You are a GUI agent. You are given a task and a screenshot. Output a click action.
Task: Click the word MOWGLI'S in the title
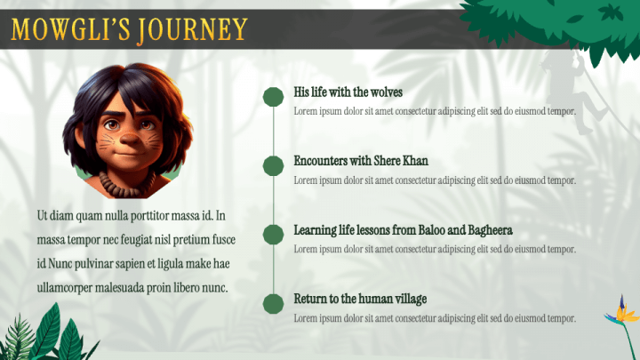click(x=70, y=29)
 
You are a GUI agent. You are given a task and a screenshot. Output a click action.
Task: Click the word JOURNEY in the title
click(x=192, y=30)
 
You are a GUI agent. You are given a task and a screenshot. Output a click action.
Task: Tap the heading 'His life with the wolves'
click(x=348, y=92)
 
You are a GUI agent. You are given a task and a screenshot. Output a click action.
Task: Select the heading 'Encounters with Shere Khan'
click(x=361, y=161)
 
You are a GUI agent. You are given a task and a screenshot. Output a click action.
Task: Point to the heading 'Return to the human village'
click(x=360, y=299)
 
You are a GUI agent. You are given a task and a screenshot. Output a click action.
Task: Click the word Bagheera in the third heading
click(x=490, y=230)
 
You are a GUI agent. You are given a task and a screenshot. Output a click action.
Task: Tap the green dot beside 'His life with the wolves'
click(x=274, y=97)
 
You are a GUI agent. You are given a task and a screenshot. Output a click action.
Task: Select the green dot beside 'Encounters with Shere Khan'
click(x=274, y=165)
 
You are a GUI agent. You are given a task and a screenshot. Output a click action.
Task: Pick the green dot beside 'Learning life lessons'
click(x=274, y=235)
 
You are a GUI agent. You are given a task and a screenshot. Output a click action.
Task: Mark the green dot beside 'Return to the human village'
click(x=274, y=304)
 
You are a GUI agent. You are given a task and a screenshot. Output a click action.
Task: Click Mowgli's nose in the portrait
click(x=130, y=139)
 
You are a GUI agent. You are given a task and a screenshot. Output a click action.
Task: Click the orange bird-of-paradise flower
click(x=621, y=314)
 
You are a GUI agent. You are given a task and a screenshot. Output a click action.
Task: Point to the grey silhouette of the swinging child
click(x=572, y=92)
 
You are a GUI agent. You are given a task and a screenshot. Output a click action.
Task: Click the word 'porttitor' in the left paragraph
click(x=149, y=215)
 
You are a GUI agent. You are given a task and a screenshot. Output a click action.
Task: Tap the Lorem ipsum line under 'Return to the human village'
click(x=435, y=318)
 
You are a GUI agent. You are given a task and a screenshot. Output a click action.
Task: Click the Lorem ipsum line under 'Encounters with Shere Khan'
click(x=435, y=180)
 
